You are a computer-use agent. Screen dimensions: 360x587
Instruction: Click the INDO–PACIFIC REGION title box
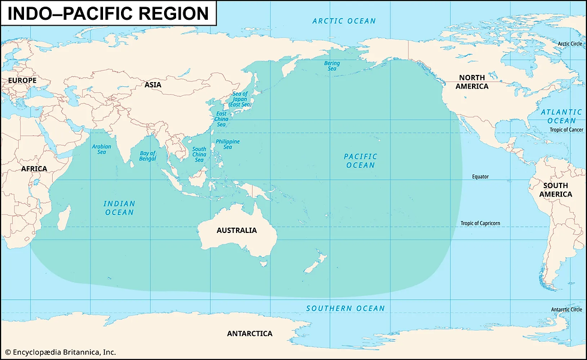click(x=108, y=13)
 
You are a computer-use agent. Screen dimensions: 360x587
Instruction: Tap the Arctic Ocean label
click(x=344, y=21)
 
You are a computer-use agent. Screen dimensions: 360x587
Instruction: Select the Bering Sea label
click(x=331, y=66)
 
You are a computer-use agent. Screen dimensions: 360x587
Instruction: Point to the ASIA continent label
click(x=153, y=85)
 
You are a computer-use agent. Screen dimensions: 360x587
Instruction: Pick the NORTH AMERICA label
click(x=473, y=82)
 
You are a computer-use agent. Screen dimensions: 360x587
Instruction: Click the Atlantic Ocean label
click(x=561, y=116)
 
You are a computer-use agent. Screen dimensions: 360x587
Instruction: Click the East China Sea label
click(x=220, y=119)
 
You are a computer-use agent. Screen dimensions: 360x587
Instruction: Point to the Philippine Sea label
click(x=228, y=144)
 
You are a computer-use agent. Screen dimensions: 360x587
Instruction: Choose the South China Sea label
click(x=199, y=154)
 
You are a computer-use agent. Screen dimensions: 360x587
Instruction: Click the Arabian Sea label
click(x=101, y=149)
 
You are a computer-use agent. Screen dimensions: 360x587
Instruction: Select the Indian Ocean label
click(x=119, y=208)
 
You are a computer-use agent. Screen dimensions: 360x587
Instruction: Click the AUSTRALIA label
click(x=237, y=230)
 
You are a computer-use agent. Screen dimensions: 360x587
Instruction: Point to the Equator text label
click(x=480, y=177)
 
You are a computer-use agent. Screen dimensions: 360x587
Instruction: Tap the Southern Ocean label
click(x=345, y=308)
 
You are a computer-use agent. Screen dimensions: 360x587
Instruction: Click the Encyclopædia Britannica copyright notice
click(x=60, y=352)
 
